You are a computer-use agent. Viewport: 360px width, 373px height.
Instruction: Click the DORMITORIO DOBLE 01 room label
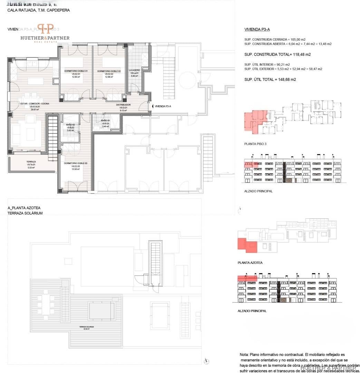pos(76,71)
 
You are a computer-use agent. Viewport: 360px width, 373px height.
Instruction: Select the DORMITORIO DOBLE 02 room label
pos(110,71)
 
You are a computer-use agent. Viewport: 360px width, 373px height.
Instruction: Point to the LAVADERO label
pos(134,70)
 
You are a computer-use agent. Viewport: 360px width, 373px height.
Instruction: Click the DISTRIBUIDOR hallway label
pos(123,105)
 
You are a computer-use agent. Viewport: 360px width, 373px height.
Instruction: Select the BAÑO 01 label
pos(105,121)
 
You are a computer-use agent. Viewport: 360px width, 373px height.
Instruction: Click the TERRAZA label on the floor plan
pos(31,162)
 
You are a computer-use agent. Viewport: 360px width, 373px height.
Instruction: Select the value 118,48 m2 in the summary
pos(302,55)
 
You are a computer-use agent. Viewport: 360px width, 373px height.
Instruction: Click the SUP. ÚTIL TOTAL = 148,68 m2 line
pos(270,79)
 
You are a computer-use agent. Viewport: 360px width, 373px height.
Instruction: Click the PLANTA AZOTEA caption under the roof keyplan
pos(250,263)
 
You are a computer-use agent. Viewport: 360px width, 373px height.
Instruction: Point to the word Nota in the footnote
pos(244,355)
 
